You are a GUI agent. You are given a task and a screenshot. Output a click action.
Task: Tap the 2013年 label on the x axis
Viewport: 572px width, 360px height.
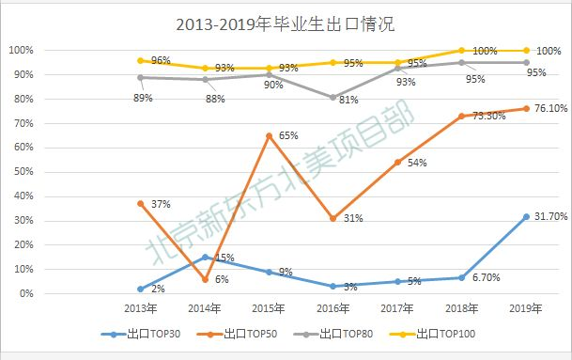[141, 308]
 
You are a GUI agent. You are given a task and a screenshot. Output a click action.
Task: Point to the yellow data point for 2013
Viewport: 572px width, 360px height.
[140, 60]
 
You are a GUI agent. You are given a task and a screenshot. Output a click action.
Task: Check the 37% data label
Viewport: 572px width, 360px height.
[160, 203]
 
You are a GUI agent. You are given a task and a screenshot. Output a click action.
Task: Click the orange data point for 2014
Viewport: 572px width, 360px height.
[204, 279]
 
